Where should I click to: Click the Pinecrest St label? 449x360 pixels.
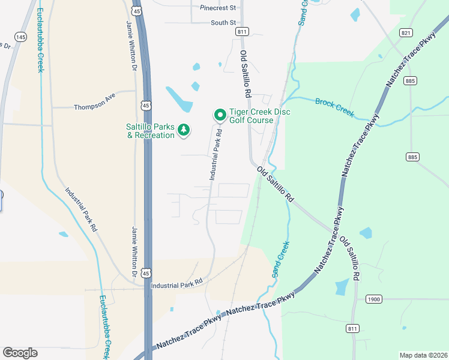[x=219, y=8]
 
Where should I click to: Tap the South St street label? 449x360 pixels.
[x=223, y=23]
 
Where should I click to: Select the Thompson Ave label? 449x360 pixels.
[x=94, y=107]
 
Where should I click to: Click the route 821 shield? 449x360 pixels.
[x=406, y=34]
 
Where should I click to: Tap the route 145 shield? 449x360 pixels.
[x=21, y=37]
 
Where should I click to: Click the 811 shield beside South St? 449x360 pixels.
[x=243, y=31]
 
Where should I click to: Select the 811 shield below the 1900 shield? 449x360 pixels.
[x=353, y=328]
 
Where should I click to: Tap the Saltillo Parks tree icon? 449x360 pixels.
[x=184, y=130]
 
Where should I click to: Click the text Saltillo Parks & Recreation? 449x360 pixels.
[x=150, y=131]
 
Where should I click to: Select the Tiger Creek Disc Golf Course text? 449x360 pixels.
[x=251, y=116]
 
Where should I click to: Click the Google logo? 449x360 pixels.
[x=20, y=353]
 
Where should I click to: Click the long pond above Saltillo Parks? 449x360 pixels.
[x=179, y=99]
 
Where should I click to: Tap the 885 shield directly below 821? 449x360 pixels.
[x=411, y=80]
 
